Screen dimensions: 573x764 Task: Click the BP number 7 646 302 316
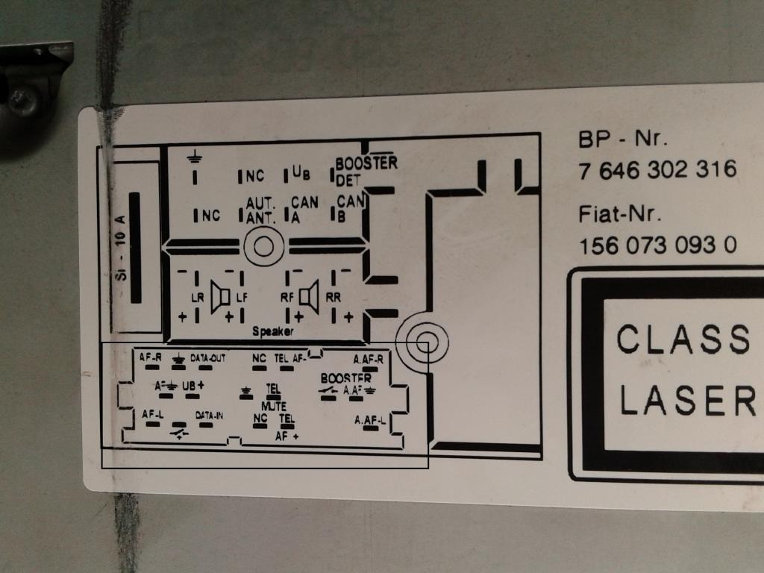(657, 170)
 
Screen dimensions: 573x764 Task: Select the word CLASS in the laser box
(682, 339)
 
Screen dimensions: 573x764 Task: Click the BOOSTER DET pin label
(365, 171)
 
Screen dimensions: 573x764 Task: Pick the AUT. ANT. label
(261, 210)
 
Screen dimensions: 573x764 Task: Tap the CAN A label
(304, 209)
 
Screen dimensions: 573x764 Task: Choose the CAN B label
(349, 208)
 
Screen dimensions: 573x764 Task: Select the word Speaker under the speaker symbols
(272, 331)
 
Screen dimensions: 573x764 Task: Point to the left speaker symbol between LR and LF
(220, 297)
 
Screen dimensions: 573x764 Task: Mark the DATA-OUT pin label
(207, 358)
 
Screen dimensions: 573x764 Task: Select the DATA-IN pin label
(209, 415)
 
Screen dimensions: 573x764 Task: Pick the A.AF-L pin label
(370, 421)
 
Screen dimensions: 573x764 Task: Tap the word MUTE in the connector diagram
(273, 406)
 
